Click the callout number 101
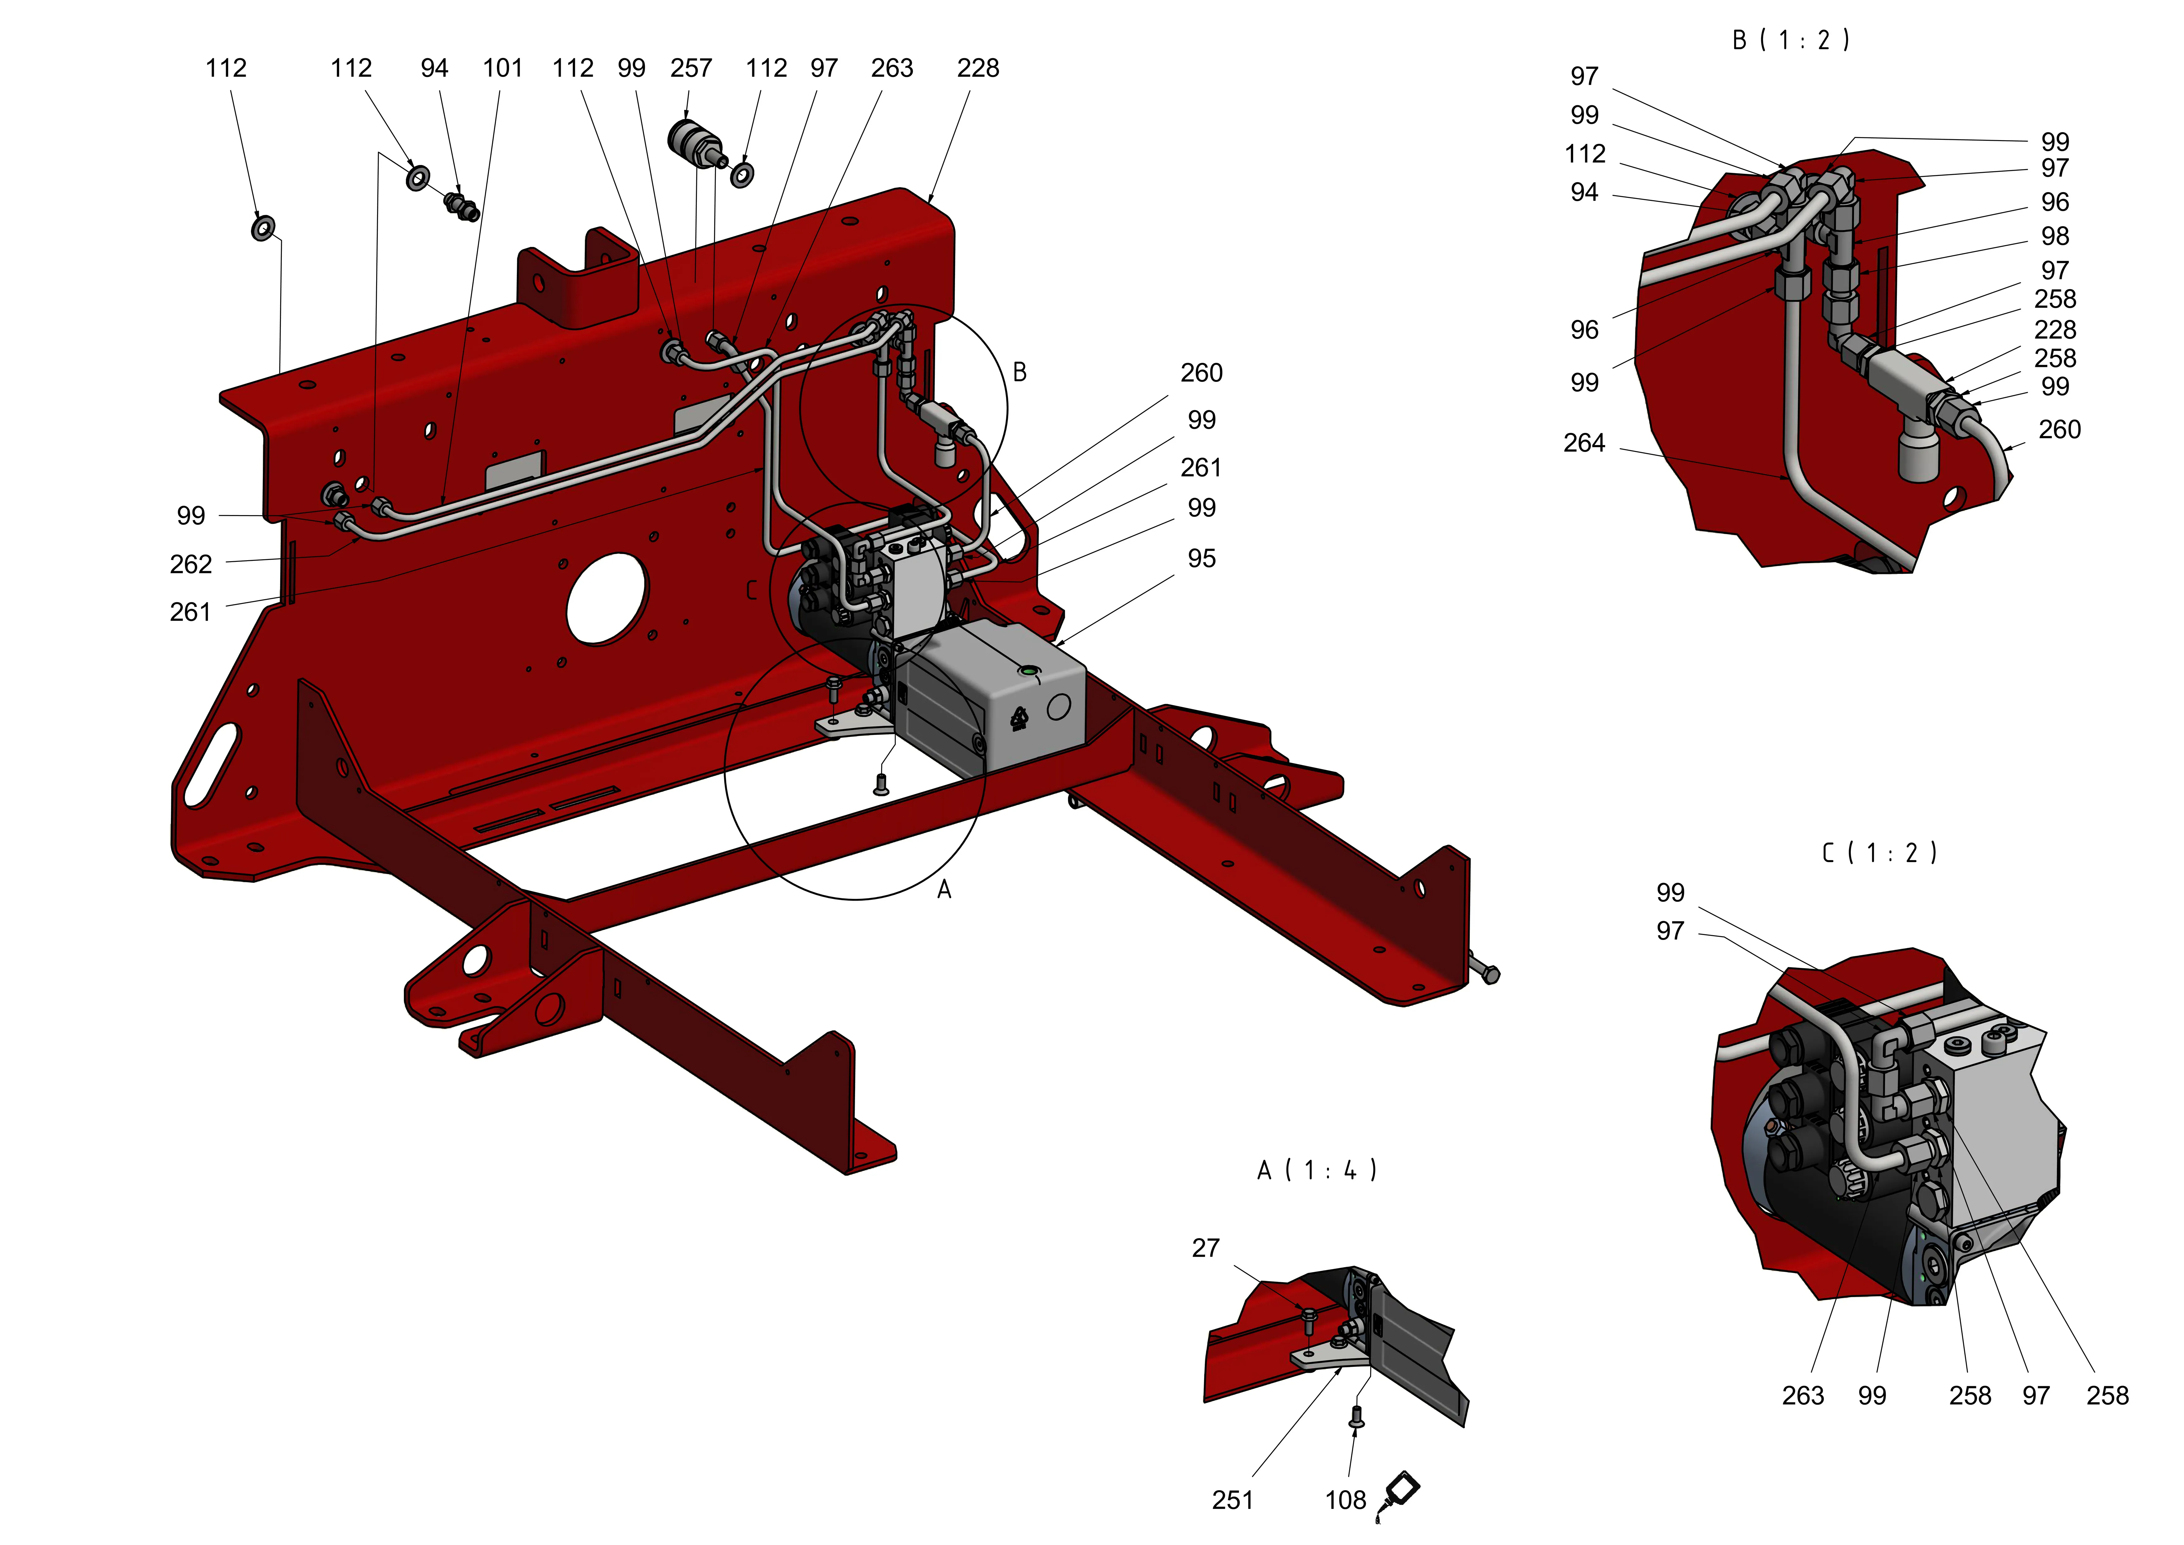coord(502,69)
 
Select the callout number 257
coord(691,69)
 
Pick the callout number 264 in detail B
coord(1584,443)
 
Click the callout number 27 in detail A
coord(1205,1248)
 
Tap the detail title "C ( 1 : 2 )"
coord(1879,853)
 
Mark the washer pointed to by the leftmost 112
coord(263,228)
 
